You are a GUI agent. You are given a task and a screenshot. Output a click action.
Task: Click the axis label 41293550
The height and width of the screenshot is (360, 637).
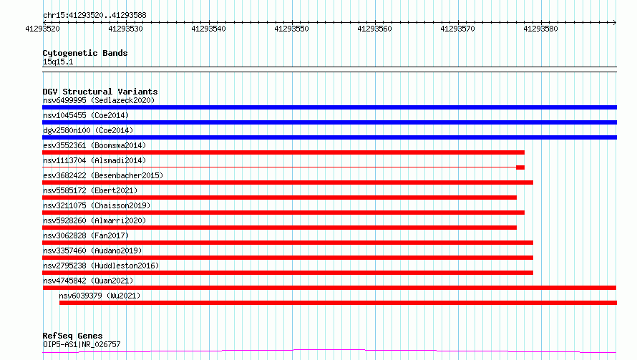pos(291,29)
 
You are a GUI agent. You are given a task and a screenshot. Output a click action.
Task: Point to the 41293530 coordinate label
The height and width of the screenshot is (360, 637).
pos(125,29)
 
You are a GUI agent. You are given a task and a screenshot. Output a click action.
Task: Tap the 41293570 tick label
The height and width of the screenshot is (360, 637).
pos(457,29)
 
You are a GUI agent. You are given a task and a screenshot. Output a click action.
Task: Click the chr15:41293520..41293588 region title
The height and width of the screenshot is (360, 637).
pos(94,16)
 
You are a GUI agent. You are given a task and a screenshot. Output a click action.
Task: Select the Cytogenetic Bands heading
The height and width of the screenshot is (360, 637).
pos(85,53)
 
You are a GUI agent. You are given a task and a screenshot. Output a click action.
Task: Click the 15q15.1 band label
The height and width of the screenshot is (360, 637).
pos(58,62)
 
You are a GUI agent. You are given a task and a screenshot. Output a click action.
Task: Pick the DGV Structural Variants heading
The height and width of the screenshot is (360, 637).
pos(100,92)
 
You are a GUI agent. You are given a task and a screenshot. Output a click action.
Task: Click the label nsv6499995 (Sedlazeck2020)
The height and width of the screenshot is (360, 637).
pos(99,100)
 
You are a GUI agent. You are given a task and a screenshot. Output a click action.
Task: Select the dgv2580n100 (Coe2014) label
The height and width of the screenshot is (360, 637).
pos(88,130)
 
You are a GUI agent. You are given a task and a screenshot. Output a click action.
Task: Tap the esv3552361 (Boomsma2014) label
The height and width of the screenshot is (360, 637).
pos(94,145)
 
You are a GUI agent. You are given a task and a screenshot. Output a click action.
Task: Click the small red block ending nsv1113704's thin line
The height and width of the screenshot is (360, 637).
pos(520,167)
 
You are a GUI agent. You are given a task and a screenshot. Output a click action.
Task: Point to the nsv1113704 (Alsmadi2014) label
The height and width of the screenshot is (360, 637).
pos(94,160)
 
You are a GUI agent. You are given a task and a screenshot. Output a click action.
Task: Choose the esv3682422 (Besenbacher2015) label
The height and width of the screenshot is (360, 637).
pos(103,175)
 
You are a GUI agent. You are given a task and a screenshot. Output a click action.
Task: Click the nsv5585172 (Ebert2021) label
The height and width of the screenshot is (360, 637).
pos(90,190)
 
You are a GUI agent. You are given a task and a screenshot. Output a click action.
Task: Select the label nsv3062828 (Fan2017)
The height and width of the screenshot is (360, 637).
pos(86,235)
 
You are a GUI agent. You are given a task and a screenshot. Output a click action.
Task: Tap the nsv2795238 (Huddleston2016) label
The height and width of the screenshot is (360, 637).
pos(101,266)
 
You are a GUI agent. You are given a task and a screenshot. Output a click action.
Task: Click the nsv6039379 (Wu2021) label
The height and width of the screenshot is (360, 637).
pos(99,296)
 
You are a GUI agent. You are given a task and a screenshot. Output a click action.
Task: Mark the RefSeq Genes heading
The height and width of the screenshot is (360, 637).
pos(72,336)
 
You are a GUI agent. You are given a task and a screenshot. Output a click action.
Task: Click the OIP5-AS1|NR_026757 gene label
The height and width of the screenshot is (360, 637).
pos(82,344)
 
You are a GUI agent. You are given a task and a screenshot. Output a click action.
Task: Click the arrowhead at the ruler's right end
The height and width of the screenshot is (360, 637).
pos(615,22)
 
